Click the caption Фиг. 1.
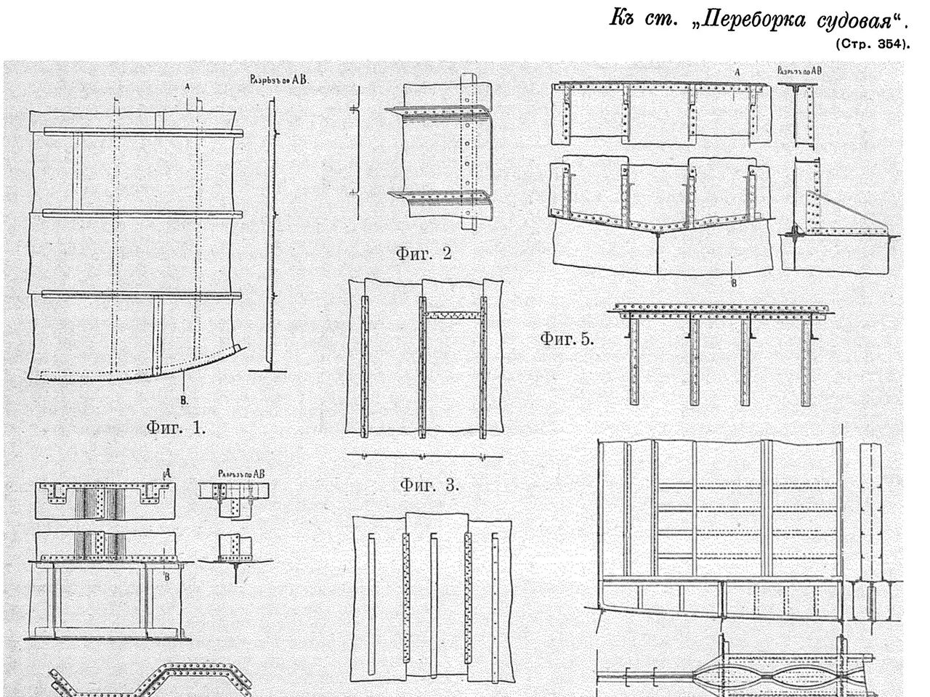click(x=176, y=428)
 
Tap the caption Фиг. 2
click(x=423, y=253)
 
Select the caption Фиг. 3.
click(x=429, y=485)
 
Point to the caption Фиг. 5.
click(x=567, y=338)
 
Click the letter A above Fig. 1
click(x=187, y=86)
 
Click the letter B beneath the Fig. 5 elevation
click(x=733, y=282)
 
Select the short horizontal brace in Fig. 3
click(x=452, y=315)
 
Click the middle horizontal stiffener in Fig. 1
click(x=142, y=213)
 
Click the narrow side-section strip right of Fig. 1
click(x=270, y=232)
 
